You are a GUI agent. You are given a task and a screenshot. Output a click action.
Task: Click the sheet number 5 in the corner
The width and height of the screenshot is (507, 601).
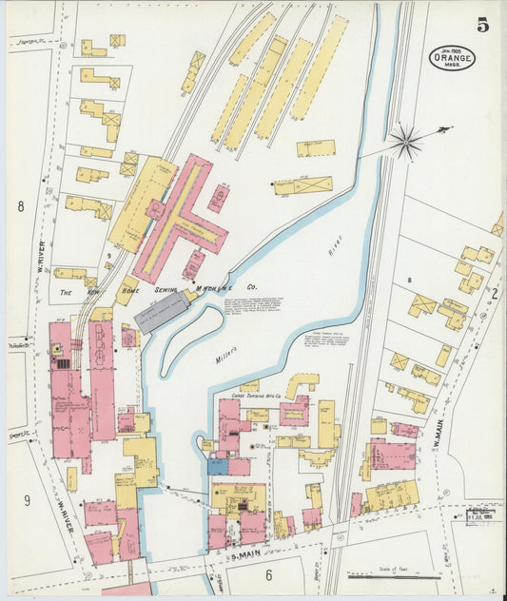click(483, 26)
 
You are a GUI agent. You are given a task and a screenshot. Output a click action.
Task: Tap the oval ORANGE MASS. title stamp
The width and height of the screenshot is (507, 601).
click(451, 58)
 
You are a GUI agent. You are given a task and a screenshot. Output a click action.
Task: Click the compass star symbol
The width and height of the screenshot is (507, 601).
click(406, 143)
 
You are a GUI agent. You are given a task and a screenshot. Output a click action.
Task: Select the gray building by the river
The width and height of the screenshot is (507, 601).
click(162, 311)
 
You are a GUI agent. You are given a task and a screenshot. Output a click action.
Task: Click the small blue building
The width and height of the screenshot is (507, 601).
click(218, 467)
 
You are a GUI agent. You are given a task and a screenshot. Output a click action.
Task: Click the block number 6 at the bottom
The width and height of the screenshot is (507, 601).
click(268, 574)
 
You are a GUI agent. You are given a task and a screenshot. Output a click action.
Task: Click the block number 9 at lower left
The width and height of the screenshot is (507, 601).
click(27, 500)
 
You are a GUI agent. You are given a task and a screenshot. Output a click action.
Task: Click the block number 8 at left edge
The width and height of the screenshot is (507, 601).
click(19, 205)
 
